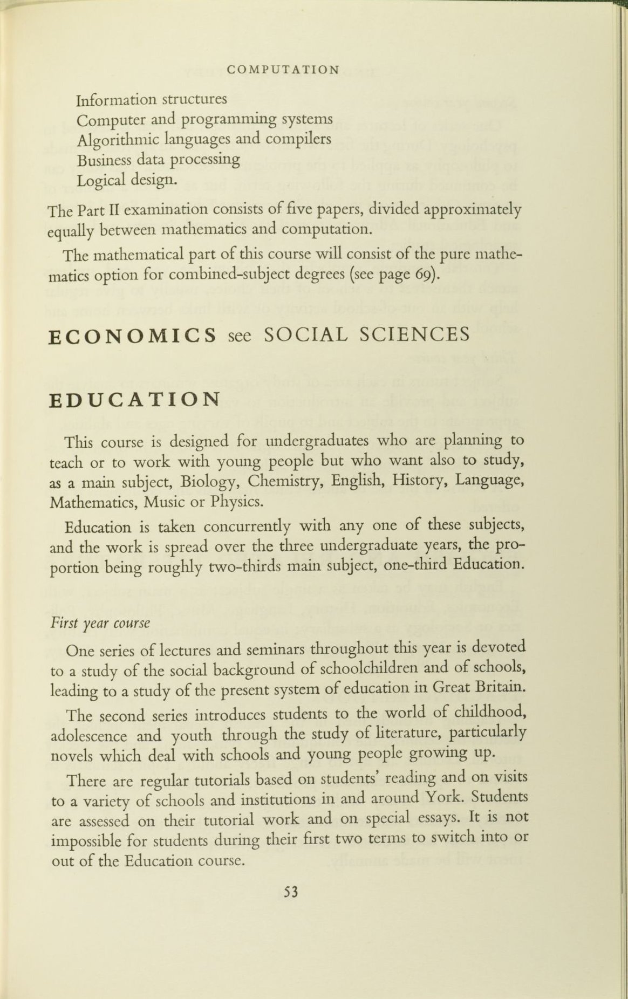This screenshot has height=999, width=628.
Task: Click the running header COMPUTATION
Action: [283, 70]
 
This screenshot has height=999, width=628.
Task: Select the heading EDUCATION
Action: [134, 400]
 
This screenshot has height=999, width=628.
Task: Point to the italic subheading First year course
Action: [100, 623]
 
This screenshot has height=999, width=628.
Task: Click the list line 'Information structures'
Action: [152, 100]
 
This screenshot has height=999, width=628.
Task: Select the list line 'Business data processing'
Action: [158, 160]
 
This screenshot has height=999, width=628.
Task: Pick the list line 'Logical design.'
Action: [127, 180]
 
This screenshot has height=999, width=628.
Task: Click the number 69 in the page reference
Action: [423, 275]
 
